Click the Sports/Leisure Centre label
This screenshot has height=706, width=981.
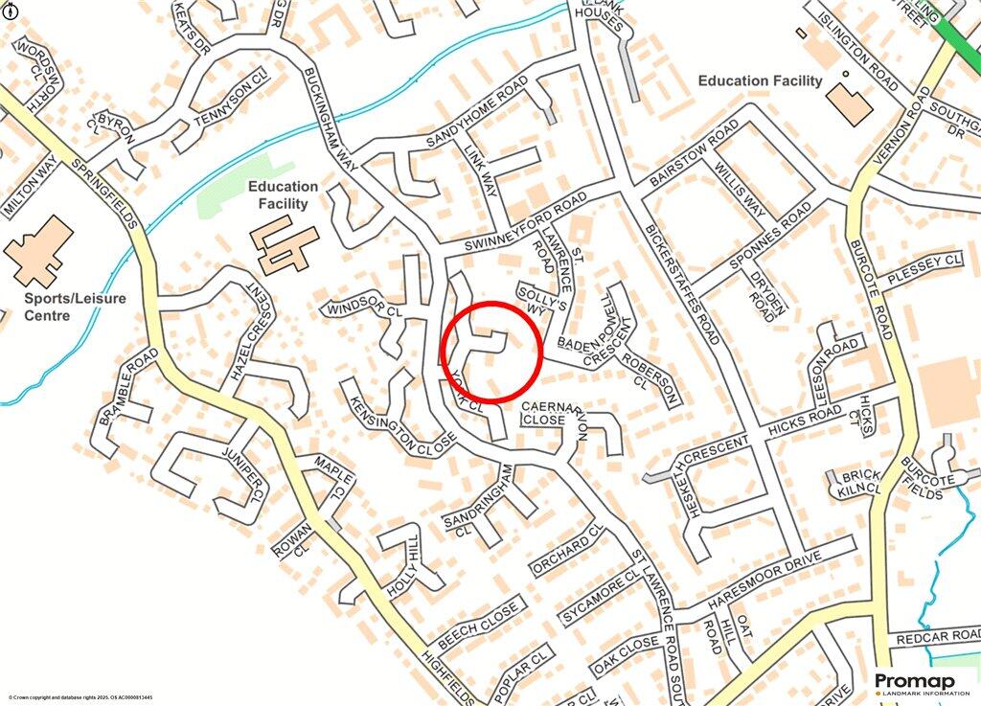(x=76, y=307)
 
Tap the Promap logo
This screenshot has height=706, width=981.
(x=921, y=684)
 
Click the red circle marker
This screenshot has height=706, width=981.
(x=492, y=351)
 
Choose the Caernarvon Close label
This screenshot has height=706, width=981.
(x=553, y=414)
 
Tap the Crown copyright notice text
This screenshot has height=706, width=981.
(x=80, y=697)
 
